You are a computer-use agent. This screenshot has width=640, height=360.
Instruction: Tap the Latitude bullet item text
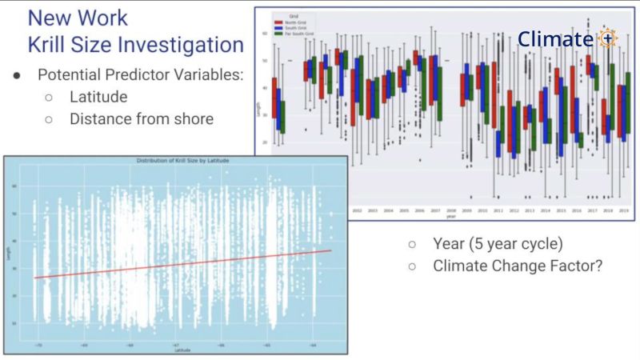click(98, 97)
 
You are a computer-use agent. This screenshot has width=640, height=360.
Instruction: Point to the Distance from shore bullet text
click(141, 118)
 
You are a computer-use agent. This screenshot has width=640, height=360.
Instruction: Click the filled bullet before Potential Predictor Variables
click(17, 76)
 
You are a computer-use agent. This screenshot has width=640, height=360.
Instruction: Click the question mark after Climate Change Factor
click(598, 266)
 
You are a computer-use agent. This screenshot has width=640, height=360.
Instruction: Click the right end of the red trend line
click(330, 250)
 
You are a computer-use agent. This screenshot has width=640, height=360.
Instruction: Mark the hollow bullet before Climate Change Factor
click(412, 266)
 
